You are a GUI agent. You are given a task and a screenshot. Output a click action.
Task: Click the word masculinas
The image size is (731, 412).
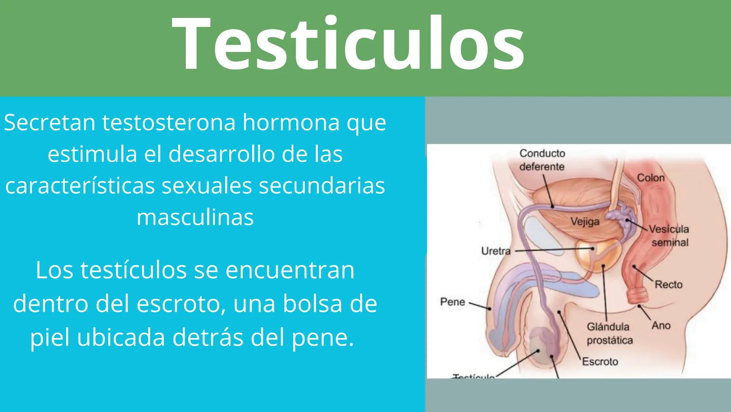tap(195, 217)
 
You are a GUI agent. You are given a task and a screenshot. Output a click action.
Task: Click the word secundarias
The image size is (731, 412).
tap(322, 186)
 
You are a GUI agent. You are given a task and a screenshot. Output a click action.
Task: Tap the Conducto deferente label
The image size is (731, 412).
tap(542, 160)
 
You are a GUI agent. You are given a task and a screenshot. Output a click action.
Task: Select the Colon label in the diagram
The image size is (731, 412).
tap(651, 178)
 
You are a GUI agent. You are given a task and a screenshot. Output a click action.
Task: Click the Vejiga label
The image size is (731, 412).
tap(585, 221)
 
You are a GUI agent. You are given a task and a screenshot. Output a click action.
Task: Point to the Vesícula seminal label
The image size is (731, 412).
tap(669, 236)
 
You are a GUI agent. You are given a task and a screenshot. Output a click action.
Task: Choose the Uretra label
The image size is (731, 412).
tap(496, 251)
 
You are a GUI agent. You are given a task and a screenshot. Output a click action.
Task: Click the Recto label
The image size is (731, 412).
tap(669, 284)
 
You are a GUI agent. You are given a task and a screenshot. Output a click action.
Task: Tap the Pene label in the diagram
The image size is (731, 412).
tap(453, 302)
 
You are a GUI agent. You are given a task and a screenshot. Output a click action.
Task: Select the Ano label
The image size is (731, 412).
tap(661, 325)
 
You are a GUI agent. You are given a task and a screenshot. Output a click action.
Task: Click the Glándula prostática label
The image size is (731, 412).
tap(609, 333)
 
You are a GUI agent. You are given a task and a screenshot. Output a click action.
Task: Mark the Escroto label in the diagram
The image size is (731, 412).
tap(600, 361)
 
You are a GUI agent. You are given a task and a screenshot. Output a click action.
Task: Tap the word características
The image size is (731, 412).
tap(80, 186)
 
